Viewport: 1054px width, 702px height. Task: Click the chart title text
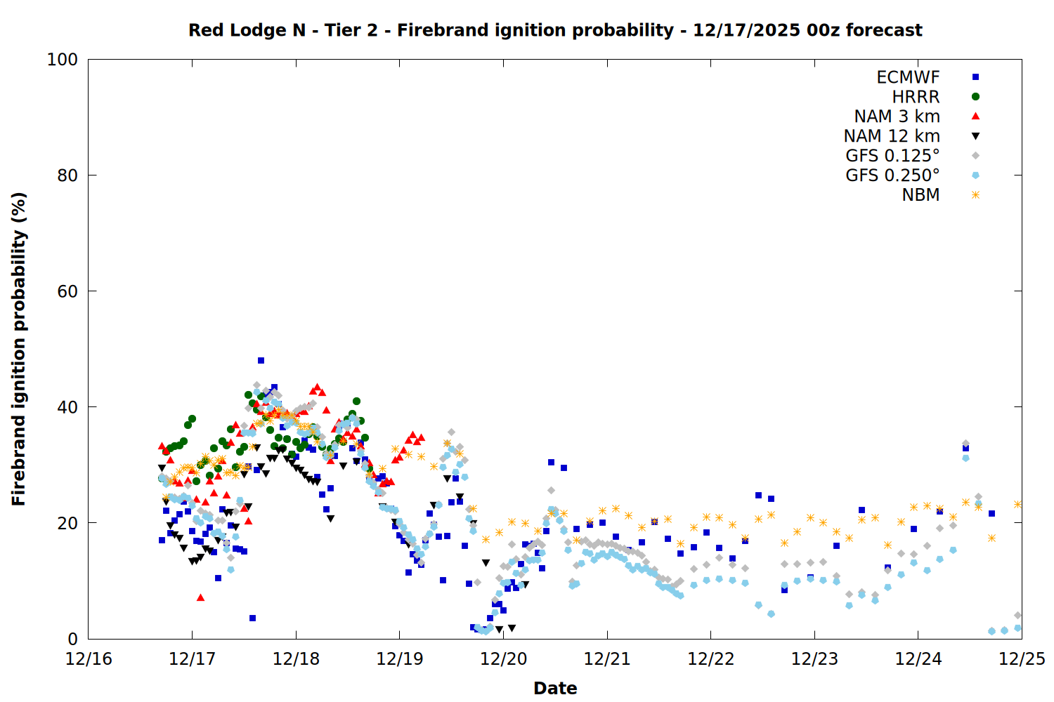pos(555,30)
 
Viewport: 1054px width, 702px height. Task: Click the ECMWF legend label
pos(908,77)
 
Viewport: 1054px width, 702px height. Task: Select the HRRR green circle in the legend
pos(975,97)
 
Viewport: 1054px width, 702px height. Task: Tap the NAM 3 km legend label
pos(897,117)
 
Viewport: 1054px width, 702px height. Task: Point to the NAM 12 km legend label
pos(892,136)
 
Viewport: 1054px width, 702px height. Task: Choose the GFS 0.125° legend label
pos(892,156)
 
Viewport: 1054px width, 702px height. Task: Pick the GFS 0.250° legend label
pos(892,175)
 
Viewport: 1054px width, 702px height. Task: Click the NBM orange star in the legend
pos(975,195)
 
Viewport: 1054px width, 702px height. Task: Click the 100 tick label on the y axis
pos(63,60)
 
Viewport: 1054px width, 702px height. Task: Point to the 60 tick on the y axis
pos(67,291)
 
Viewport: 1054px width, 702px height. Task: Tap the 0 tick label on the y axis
pos(72,639)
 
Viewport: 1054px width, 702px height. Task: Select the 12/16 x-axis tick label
pos(89,659)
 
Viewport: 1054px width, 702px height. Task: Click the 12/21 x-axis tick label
pos(607,659)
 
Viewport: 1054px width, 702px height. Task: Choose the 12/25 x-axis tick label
pos(1022,659)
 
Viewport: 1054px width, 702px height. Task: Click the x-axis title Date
pos(555,688)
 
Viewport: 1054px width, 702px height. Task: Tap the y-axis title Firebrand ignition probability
pos(19,349)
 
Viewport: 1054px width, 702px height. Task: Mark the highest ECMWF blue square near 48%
pos(261,360)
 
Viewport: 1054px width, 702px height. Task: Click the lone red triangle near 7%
pos(200,597)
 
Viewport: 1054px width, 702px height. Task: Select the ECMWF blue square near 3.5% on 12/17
pos(252,618)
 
